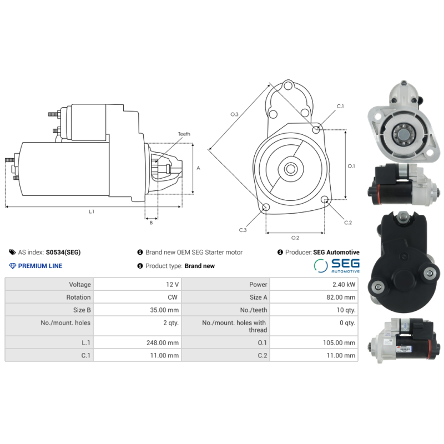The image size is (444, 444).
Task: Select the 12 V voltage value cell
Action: [x=172, y=284]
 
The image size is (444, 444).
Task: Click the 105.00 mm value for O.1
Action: [x=339, y=343]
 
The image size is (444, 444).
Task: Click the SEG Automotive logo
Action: [x=337, y=265]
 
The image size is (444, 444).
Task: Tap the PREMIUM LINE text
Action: [x=40, y=266]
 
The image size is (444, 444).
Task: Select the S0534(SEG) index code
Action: [x=63, y=252]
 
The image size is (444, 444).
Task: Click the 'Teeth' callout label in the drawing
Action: [x=184, y=134]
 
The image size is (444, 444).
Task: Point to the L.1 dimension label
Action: [x=92, y=211]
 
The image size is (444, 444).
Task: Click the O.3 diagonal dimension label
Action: [x=234, y=114]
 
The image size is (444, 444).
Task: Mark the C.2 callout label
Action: [x=348, y=223]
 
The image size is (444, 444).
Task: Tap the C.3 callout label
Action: [x=243, y=230]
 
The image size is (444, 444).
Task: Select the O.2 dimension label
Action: [x=295, y=238]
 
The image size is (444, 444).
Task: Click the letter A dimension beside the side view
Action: [x=198, y=168]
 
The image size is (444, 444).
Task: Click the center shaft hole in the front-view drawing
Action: [x=290, y=168]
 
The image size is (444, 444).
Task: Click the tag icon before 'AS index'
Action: [x=12, y=252]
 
